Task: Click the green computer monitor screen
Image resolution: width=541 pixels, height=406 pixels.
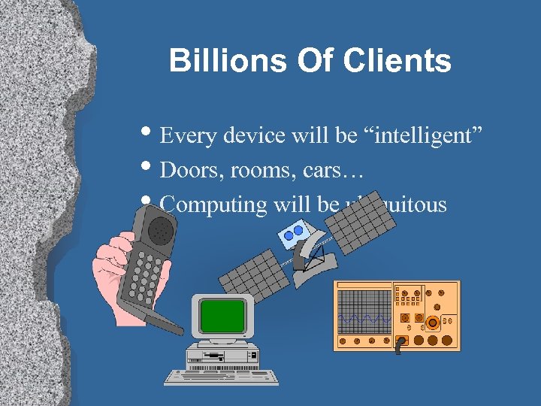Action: click(x=222, y=315)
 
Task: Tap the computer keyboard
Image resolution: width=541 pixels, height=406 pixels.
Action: click(x=221, y=375)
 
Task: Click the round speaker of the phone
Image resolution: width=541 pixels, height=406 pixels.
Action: click(x=159, y=231)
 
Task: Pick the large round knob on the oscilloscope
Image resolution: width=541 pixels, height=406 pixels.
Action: click(x=432, y=324)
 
